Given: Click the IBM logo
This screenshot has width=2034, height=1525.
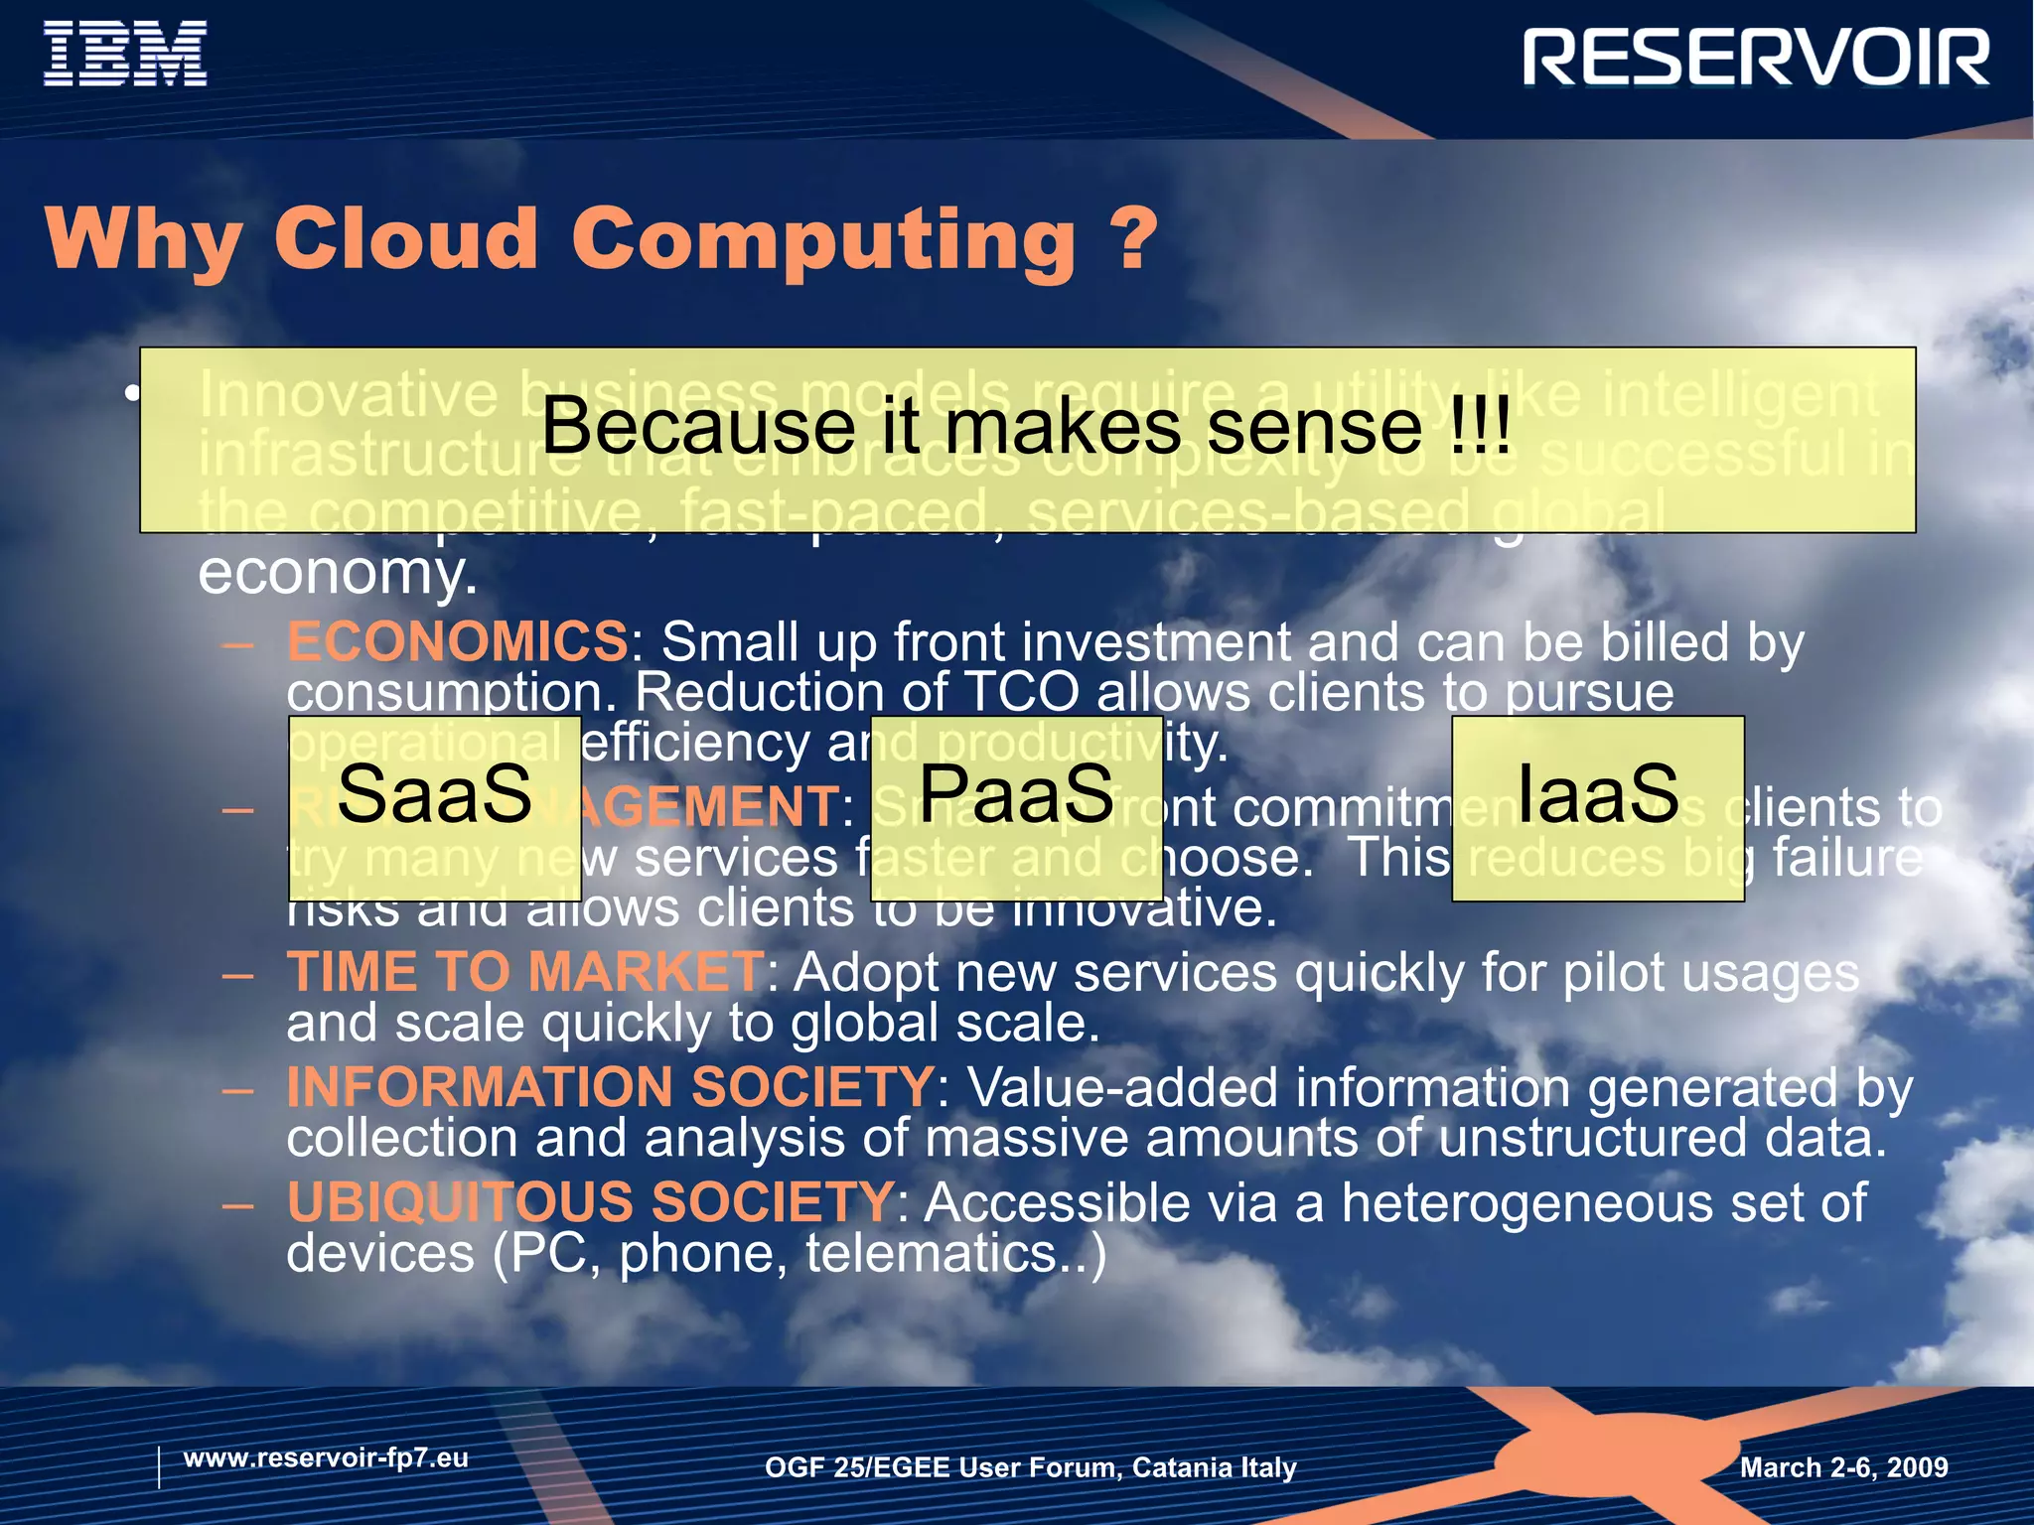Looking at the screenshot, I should point(125,55).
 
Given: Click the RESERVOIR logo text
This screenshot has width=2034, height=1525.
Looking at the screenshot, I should point(1755,59).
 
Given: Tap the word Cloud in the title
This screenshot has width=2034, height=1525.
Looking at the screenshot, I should point(405,240).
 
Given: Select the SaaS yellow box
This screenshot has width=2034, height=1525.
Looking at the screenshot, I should point(434,807).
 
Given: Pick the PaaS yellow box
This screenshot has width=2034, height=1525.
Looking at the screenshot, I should point(1016,807).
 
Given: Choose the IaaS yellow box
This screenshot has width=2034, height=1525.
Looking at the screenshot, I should point(1597,807).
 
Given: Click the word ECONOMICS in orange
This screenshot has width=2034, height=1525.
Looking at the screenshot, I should point(457,641).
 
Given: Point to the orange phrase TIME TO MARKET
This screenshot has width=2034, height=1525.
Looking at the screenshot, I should point(524,971).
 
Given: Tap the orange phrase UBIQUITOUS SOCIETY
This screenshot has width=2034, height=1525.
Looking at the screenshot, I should point(591,1201).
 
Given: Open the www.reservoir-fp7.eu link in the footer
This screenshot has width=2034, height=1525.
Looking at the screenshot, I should point(326,1457).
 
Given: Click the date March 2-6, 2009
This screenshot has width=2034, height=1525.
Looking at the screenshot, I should point(1843,1467).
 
